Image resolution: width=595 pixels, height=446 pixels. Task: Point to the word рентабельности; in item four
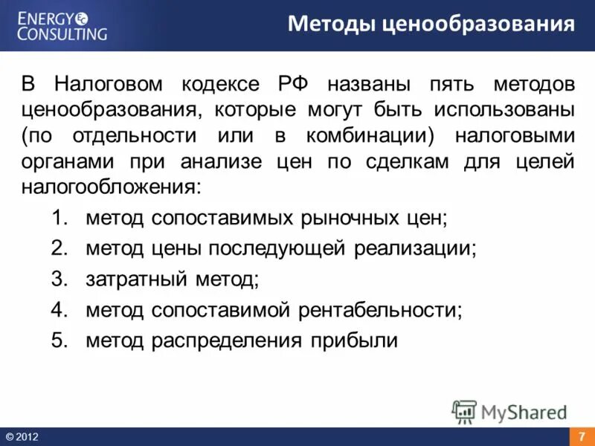(x=380, y=310)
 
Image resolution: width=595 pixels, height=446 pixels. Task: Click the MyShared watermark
(x=511, y=411)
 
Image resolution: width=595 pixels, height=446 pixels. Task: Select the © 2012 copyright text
(x=22, y=437)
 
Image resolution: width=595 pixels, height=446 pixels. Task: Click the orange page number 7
(x=582, y=436)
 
